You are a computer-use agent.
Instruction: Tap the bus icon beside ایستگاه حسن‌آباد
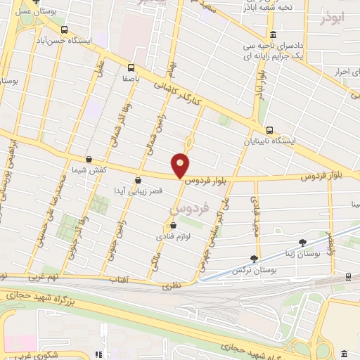click(x=64, y=30)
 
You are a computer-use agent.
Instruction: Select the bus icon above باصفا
click(x=131, y=68)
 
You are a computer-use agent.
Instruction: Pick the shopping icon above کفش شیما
click(x=89, y=160)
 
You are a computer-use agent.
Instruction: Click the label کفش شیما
click(x=89, y=170)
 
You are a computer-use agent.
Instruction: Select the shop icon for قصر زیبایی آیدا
click(x=138, y=179)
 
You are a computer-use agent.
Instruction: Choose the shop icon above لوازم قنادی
click(x=173, y=226)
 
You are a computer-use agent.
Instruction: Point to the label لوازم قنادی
click(x=172, y=236)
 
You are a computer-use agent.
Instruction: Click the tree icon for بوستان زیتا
click(x=303, y=243)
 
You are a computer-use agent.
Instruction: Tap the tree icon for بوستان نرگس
click(x=254, y=259)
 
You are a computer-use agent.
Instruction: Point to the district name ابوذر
click(x=334, y=15)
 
